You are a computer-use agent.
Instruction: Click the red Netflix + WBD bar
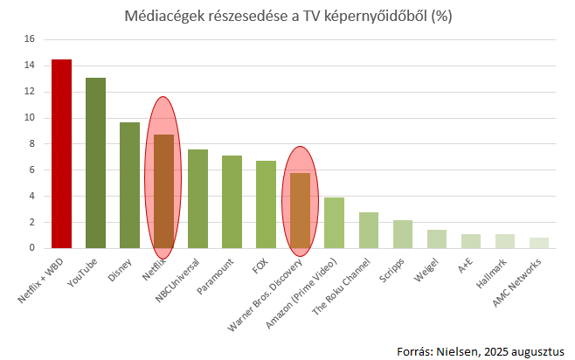pos(61,154)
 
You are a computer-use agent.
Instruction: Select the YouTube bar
pos(95,163)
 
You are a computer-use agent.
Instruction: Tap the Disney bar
pos(129,185)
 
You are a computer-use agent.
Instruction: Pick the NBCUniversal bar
pos(197,199)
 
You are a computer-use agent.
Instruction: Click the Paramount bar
pos(232,202)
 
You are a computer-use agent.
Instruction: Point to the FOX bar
pos(266,204)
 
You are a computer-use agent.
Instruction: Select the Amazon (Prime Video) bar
pos(334,223)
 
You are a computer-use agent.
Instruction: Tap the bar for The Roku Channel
pos(368,231)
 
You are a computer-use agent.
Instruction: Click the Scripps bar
pos(402,234)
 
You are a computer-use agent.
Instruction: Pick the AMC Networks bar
pos(539,243)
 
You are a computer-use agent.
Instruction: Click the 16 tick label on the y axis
pos(29,39)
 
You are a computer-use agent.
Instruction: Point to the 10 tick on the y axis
pos(29,118)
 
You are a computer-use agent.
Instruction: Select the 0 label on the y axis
pos(31,248)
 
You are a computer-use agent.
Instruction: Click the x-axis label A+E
pos(468,266)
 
